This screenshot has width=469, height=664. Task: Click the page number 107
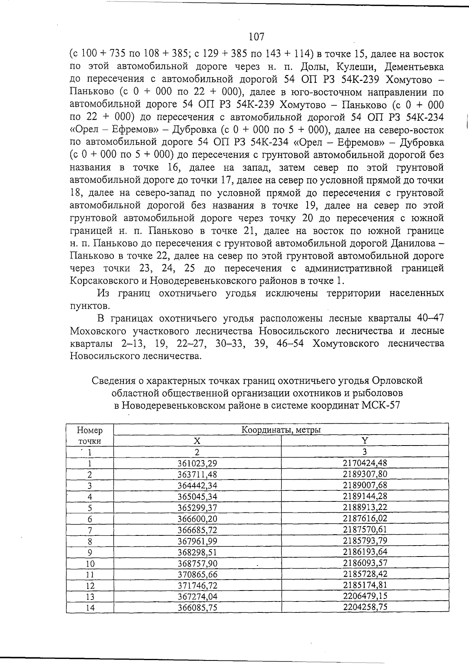pyautogui.click(x=256, y=37)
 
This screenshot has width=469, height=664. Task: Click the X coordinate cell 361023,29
pyautogui.click(x=197, y=464)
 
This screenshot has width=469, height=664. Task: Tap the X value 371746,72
pyautogui.click(x=197, y=585)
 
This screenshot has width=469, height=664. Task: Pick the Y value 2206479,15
pyautogui.click(x=365, y=596)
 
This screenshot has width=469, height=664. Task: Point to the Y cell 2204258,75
pyautogui.click(x=365, y=607)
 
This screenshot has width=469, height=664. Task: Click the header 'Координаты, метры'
pyautogui.click(x=281, y=430)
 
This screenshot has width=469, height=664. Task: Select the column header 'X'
pyautogui.click(x=197, y=441)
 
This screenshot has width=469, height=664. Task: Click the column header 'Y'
pyautogui.click(x=365, y=440)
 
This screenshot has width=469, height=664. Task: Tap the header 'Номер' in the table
pyautogui.click(x=90, y=430)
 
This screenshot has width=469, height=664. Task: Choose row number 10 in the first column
pyautogui.click(x=90, y=564)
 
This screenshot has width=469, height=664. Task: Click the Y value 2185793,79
pyautogui.click(x=365, y=541)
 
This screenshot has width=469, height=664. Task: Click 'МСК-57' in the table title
pyautogui.click(x=381, y=405)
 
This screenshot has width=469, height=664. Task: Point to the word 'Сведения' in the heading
pyautogui.click(x=111, y=380)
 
